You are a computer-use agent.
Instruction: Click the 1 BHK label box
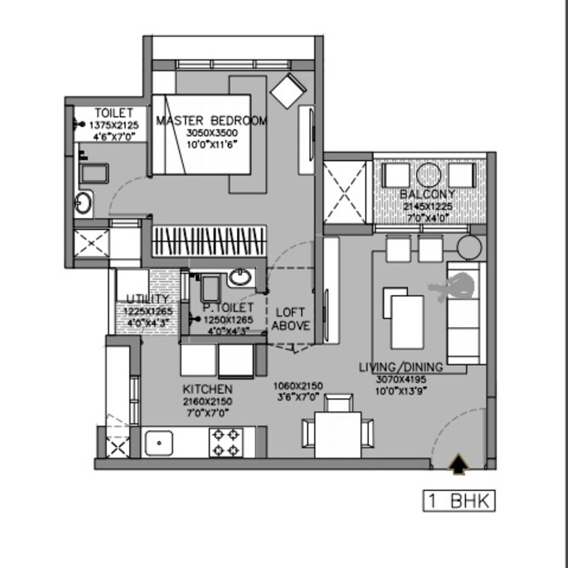[x=459, y=501]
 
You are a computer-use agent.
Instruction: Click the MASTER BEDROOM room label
[x=211, y=120]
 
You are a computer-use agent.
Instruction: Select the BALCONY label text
[x=428, y=194]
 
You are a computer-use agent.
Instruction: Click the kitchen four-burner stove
[x=227, y=441]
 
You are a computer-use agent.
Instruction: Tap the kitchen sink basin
[x=159, y=442]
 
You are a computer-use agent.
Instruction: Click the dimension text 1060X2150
[x=299, y=386]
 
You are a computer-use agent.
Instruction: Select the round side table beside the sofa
[x=469, y=246]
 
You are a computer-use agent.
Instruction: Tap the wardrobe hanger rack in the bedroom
[x=210, y=241]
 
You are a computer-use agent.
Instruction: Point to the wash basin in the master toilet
[x=84, y=204]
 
